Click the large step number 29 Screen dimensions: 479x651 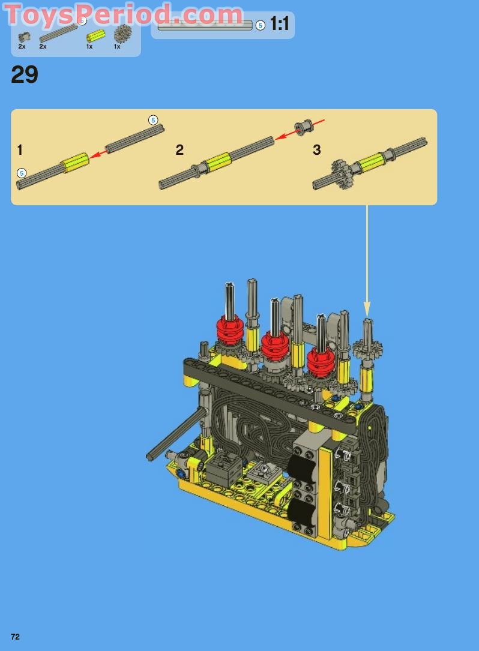[x=25, y=75]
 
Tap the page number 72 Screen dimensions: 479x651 [x=16, y=637]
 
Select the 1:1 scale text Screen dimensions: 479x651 [x=279, y=24]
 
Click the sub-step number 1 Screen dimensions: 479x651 [x=20, y=150]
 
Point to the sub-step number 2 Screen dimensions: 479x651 [x=179, y=150]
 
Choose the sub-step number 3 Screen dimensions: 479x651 [x=316, y=150]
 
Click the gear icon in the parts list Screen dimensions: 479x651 [x=122, y=34]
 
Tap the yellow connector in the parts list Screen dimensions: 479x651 [x=95, y=36]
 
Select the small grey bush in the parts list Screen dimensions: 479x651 [x=23, y=37]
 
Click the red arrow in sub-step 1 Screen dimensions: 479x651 [x=98, y=154]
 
